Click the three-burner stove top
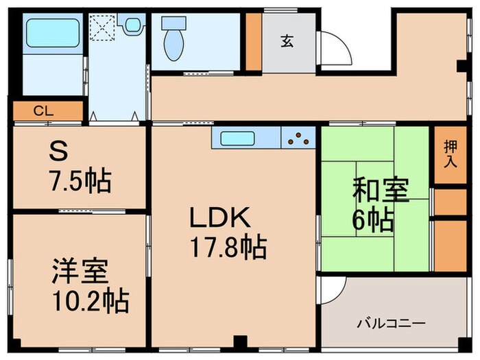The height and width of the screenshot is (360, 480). point(298,138)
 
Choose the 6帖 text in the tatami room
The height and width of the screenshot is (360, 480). point(374,220)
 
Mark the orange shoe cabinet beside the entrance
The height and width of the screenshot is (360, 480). point(254,41)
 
